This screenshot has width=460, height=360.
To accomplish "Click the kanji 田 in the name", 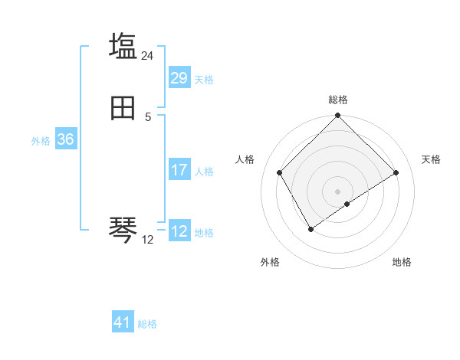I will pos(123,110).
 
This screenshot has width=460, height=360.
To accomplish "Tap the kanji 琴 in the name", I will pos(123,227).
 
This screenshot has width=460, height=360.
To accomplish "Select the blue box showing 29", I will pos(179,78).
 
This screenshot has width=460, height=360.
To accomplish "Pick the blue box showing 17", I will pos(179,170).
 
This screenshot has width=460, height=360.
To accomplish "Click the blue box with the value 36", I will pos(65,139).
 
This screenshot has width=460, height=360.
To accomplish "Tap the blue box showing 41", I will pos(123,322).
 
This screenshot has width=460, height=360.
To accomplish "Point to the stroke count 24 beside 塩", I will pos(148,56).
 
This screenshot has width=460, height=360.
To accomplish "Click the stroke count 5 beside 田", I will pos(148,117).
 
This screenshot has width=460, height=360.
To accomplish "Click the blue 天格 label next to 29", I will pos(204,80).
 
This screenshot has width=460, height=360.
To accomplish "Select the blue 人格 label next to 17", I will pos(204,172).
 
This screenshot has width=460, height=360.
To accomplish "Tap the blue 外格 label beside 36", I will pos(41,141).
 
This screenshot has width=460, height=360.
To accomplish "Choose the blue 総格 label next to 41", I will pos(147,324).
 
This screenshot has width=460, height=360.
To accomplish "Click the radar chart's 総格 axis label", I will pos(338,100).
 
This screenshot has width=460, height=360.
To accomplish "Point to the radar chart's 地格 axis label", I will pos(402,263).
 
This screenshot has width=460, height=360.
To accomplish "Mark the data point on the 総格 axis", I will pos(338,116).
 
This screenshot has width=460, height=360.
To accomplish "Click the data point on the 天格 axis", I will pos(396,173).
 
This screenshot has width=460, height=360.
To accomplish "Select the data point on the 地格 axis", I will pos(347,204).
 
